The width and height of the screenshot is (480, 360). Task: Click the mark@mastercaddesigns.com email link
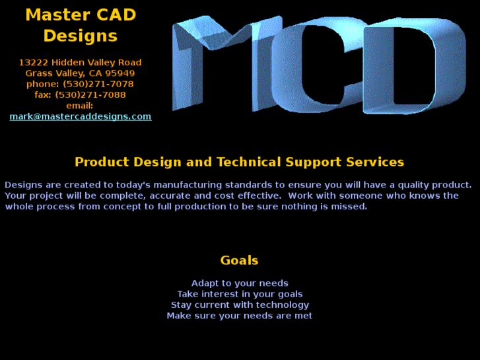pyautogui.click(x=80, y=116)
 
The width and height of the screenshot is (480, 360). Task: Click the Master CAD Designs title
pyautogui.click(x=80, y=24)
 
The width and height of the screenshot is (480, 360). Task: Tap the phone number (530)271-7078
pyautogui.click(x=98, y=84)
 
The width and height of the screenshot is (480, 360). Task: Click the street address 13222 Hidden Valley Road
pyautogui.click(x=80, y=62)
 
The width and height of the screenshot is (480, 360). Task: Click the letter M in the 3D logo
pyautogui.click(x=218, y=63)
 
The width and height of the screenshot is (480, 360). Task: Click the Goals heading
pyautogui.click(x=239, y=260)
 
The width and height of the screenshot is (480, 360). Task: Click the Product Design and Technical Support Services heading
pyautogui.click(x=239, y=162)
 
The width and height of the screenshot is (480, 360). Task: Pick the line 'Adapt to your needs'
pyautogui.click(x=239, y=283)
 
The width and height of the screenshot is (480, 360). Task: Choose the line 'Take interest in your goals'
pyautogui.click(x=239, y=294)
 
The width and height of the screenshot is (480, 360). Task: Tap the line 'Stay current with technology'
pyautogui.click(x=239, y=305)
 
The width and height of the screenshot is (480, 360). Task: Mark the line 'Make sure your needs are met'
pyautogui.click(x=239, y=316)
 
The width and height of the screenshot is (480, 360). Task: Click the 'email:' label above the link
pyautogui.click(x=80, y=106)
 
